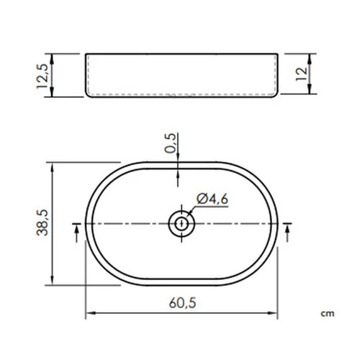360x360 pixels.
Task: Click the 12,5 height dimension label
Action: point(42,76)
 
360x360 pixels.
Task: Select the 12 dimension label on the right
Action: point(301,74)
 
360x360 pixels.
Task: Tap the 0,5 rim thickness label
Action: point(170,143)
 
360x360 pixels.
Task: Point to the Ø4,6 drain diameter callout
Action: point(212,199)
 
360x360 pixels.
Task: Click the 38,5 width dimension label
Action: point(42,222)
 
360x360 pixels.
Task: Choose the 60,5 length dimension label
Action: point(182,303)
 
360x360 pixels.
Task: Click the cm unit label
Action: point(328,313)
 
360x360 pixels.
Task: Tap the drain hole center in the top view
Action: point(181,224)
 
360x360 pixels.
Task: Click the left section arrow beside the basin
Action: point(76,233)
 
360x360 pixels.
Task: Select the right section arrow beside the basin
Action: point(287,233)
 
